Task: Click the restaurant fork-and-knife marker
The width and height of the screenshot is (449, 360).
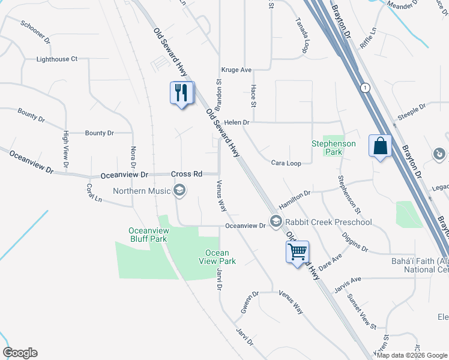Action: [x=182, y=93]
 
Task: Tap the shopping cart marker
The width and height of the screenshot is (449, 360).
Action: [x=298, y=252]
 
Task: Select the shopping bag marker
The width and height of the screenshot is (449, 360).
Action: [x=381, y=146]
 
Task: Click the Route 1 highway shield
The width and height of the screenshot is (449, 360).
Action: [x=364, y=88]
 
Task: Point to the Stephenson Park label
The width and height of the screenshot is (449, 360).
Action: [x=333, y=148]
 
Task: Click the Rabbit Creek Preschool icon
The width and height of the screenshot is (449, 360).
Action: [x=276, y=222]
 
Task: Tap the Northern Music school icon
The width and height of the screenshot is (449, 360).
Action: [x=179, y=191]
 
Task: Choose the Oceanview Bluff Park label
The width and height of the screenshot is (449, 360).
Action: [x=148, y=235]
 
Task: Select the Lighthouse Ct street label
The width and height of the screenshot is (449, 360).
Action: [x=57, y=59]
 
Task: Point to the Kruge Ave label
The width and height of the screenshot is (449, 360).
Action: [x=236, y=70]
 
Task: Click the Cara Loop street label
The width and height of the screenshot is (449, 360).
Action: [x=286, y=163]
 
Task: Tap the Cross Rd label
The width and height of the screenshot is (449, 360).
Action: [x=186, y=174]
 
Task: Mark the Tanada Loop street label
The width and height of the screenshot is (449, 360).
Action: [x=301, y=35]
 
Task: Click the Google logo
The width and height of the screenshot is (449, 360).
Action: [x=20, y=353]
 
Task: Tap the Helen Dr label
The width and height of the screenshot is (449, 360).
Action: [x=237, y=122]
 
